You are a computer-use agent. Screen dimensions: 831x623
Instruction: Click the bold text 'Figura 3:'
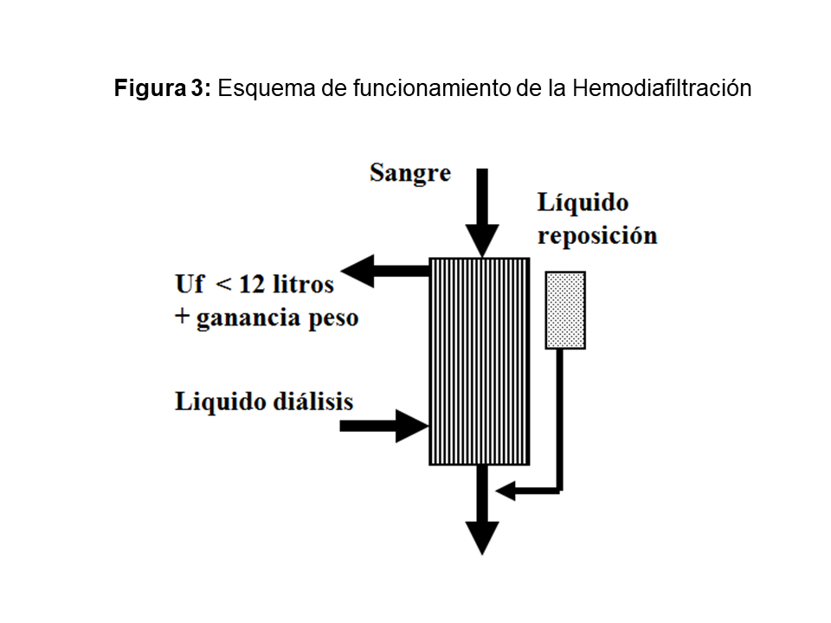pyautogui.click(x=163, y=89)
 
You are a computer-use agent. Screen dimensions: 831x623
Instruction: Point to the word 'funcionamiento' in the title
pyautogui.click(x=408, y=89)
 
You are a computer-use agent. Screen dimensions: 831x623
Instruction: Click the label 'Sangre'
pyautogui.click(x=410, y=172)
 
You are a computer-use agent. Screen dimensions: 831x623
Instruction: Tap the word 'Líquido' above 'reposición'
pyautogui.click(x=583, y=203)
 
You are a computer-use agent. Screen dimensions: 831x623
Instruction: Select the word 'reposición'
pyautogui.click(x=596, y=236)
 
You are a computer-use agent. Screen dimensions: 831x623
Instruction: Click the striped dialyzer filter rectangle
pyautogui.click(x=479, y=361)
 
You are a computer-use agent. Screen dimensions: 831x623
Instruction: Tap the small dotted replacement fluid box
pyautogui.click(x=565, y=310)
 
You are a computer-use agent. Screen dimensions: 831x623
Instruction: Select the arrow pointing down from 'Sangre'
pyautogui.click(x=482, y=212)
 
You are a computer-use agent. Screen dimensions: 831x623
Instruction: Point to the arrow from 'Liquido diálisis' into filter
pyautogui.click(x=385, y=425)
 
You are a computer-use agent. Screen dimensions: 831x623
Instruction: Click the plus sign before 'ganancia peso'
pyautogui.click(x=182, y=318)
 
